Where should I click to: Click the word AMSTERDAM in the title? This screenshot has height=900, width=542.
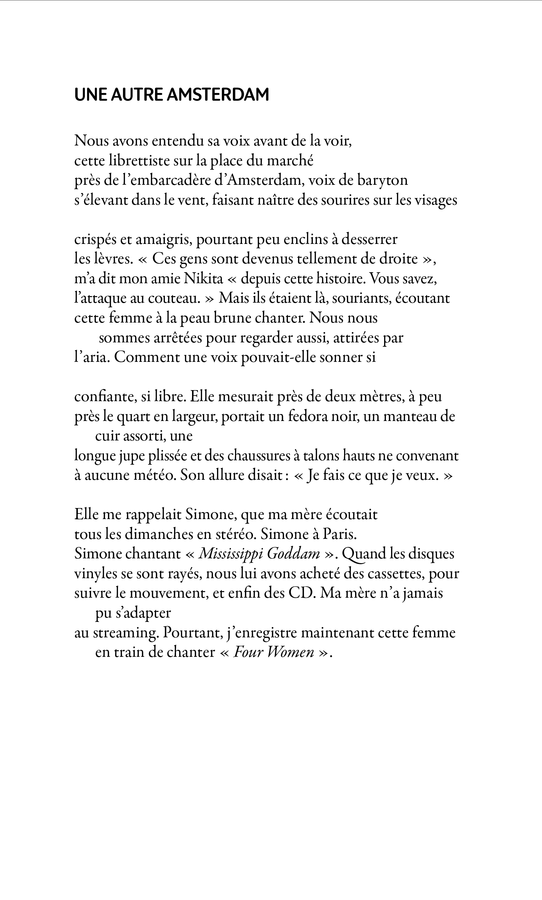218,95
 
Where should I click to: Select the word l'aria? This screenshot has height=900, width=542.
92,358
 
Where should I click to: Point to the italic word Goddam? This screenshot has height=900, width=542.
293,554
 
